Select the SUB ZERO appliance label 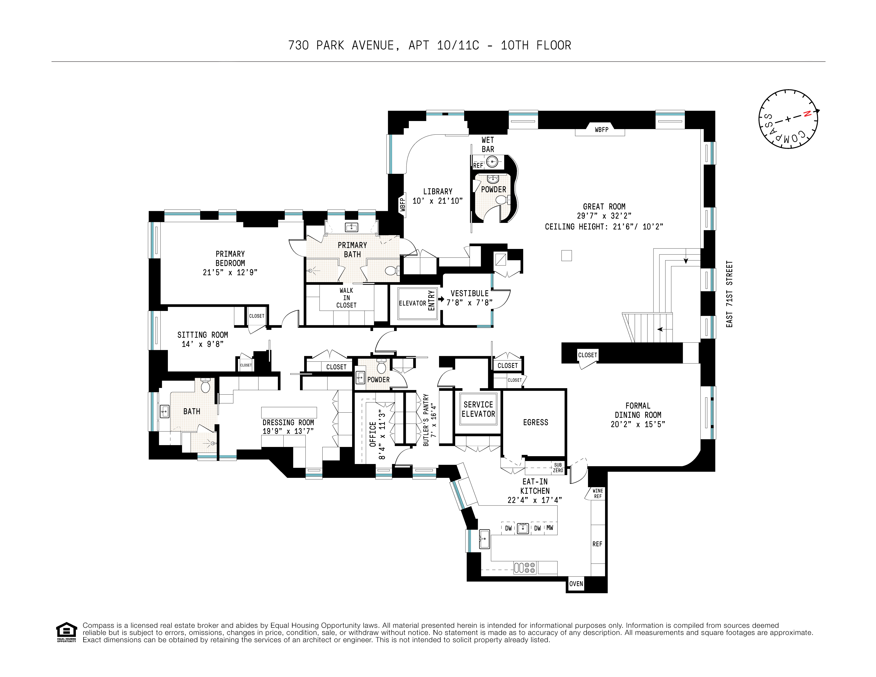[x=558, y=468]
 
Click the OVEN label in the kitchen [x=576, y=584]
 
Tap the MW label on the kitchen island [x=549, y=528]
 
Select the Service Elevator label [x=478, y=409]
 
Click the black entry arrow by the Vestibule [x=441, y=299]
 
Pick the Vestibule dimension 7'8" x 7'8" [x=469, y=303]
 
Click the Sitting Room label [x=202, y=335]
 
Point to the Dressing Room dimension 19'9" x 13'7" [x=288, y=432]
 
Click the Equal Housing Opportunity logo [x=66, y=632]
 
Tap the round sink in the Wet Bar [x=492, y=162]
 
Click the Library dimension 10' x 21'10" [x=438, y=201]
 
